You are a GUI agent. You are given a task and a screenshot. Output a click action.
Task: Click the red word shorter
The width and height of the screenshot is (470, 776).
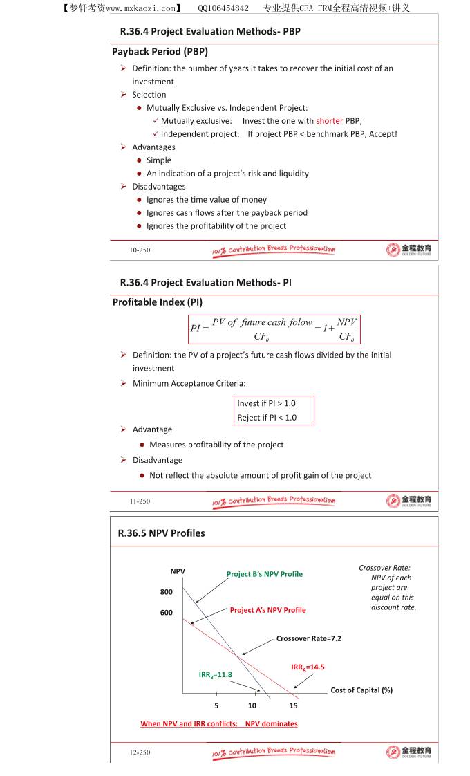(330, 121)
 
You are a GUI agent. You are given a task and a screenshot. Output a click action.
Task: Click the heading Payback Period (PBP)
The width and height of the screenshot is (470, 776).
(160, 52)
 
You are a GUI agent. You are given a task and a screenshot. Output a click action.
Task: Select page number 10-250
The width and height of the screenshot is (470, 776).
(140, 250)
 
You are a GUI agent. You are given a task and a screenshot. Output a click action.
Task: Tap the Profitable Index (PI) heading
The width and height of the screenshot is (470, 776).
(157, 302)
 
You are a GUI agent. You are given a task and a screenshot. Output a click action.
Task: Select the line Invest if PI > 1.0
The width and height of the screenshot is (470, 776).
(266, 403)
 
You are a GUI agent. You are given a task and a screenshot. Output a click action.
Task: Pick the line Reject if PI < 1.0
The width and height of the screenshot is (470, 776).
(266, 418)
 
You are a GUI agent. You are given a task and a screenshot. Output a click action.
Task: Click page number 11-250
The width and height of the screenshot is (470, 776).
(140, 501)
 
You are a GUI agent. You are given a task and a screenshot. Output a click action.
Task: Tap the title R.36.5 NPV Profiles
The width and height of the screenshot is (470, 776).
(161, 533)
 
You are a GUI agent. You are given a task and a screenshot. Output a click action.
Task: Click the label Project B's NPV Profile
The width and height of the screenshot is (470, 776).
(265, 574)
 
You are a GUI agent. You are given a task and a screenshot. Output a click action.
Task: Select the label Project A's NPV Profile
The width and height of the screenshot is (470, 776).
(267, 610)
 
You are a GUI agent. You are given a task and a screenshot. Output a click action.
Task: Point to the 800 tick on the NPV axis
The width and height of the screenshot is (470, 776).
(167, 592)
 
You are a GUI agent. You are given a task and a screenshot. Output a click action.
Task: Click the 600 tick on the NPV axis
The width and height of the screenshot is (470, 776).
(167, 613)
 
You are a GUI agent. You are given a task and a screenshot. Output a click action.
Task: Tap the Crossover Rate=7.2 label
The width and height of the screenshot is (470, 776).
(308, 638)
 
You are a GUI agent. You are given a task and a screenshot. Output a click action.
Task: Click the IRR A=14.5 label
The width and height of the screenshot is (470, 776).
(308, 667)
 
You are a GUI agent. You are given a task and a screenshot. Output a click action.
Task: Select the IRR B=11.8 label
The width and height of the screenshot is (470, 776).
(216, 674)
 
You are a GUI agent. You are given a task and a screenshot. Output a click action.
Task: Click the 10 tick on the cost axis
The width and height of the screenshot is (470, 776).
(252, 705)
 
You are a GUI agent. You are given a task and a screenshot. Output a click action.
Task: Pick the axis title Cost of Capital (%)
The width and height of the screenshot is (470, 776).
(361, 690)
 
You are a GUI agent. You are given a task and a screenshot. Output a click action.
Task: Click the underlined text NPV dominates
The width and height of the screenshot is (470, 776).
(271, 724)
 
